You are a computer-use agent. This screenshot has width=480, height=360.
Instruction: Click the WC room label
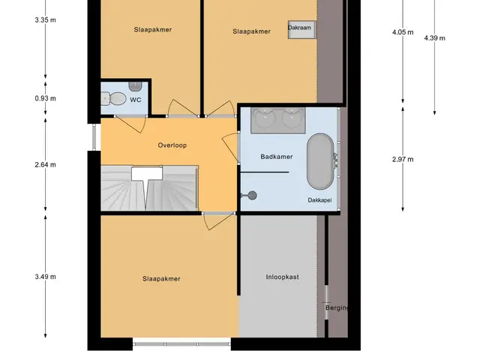pos(135,100)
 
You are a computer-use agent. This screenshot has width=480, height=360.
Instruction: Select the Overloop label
pos(172,145)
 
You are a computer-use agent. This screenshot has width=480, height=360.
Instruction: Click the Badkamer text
pos(277,157)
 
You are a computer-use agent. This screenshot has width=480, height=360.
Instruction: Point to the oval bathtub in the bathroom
pos(320,161)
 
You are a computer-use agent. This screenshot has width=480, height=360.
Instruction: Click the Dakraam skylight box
pos(301,29)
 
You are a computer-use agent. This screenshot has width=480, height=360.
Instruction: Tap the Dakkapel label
pos(319,200)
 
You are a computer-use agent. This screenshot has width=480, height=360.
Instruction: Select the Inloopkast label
pos(282,277)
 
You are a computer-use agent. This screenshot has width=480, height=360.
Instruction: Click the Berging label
pos(337,307)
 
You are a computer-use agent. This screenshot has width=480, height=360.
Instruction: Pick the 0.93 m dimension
pos(45,98)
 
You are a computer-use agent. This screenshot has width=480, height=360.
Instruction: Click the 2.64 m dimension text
pos(45,165)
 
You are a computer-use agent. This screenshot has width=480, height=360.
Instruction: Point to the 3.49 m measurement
pos(45,277)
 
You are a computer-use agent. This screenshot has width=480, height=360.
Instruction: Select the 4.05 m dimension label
pos(403,32)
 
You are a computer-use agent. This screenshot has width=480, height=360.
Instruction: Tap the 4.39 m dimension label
pos(435,38)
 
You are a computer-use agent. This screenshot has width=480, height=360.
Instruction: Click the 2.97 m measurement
pos(403,160)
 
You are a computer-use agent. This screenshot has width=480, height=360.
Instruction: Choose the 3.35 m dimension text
pos(45,20)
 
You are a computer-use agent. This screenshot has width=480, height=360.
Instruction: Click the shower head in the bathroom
pos(252,195)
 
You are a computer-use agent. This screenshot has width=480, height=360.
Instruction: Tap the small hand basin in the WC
pos(135,86)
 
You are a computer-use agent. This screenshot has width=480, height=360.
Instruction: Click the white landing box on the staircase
pos(147,173)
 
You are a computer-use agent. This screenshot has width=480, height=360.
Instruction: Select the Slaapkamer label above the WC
pos(153,30)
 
